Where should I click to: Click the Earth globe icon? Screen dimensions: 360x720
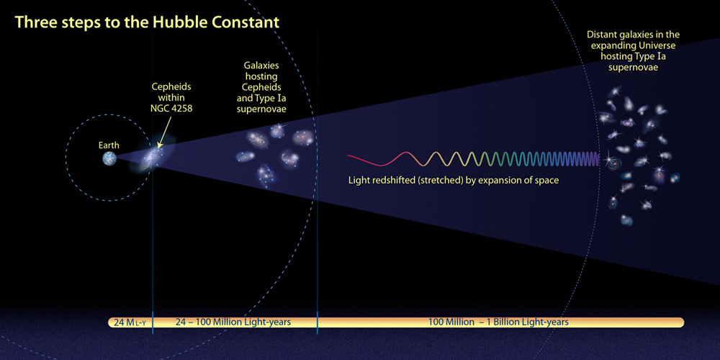[x=109, y=158]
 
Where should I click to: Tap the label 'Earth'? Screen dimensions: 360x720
[x=109, y=145]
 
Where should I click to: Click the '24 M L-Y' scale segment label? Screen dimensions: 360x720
[x=129, y=322]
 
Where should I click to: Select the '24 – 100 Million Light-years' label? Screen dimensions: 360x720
[x=233, y=322]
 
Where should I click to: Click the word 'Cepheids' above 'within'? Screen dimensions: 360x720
[x=171, y=86]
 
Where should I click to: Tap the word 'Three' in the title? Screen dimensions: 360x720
[x=35, y=22]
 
